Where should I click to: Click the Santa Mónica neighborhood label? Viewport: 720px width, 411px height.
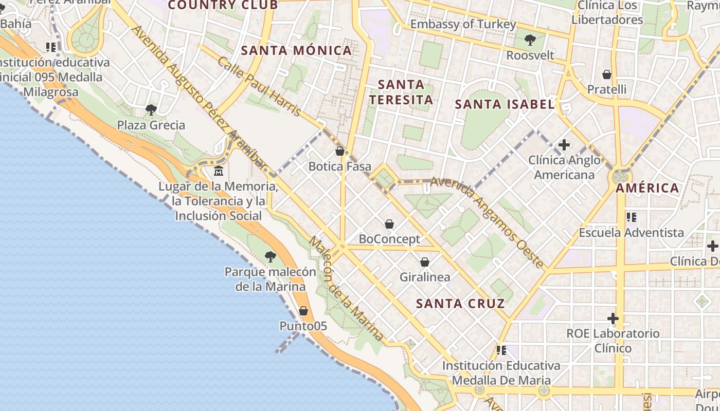point(296,50)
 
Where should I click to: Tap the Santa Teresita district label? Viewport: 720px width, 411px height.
point(401,92)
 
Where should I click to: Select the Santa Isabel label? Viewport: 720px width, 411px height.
point(505,104)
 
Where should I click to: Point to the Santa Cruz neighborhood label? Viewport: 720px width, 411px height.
point(460,304)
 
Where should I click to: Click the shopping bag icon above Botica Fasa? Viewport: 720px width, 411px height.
point(339,151)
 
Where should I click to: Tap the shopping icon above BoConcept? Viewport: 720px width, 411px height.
point(389,224)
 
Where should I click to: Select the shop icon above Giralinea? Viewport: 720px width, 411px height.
point(425,262)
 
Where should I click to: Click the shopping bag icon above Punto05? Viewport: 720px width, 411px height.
point(303,311)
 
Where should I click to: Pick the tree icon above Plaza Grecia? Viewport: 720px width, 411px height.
point(151,109)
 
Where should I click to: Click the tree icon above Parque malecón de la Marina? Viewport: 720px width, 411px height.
point(270,256)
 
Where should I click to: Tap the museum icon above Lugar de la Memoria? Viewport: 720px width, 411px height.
point(219,171)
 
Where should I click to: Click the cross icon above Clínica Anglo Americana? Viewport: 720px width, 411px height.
point(564,145)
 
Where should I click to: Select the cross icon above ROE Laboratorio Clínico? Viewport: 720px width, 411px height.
point(613,319)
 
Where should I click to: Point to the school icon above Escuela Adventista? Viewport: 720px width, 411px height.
point(632,217)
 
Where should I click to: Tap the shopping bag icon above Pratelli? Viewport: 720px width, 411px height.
point(607,74)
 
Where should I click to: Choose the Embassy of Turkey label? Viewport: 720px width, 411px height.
point(463,24)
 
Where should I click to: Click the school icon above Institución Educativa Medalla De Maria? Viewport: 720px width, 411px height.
point(501,350)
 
